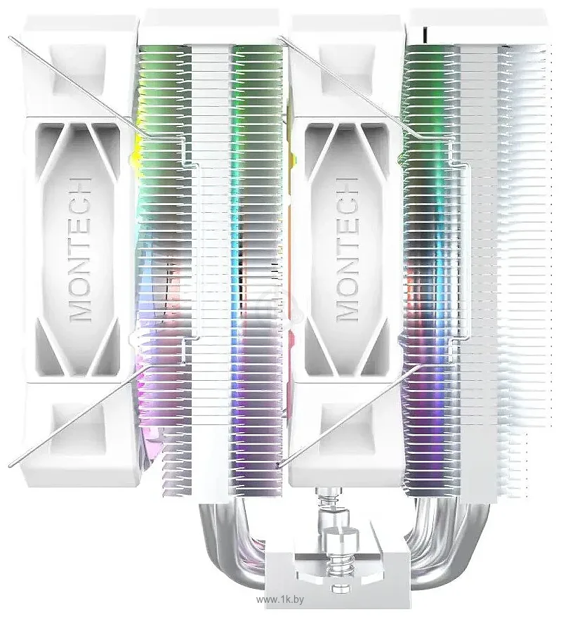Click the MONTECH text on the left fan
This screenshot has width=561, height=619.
80,249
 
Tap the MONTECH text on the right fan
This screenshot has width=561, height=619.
347,249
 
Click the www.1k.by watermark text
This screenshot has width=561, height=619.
280,599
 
